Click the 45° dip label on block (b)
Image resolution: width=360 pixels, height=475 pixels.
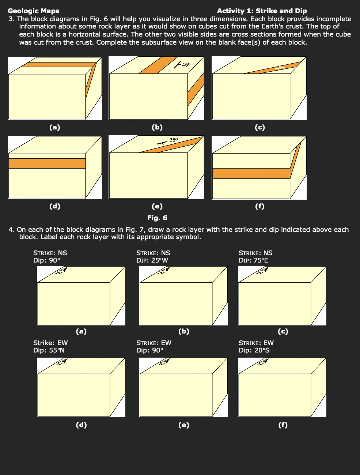pyautogui.click(x=186, y=65)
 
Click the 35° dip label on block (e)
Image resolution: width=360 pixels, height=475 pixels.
pyautogui.click(x=173, y=140)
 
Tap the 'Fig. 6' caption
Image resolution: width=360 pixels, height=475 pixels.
pyautogui.click(x=157, y=218)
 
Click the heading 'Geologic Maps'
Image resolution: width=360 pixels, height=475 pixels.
pyautogui.click(x=33, y=11)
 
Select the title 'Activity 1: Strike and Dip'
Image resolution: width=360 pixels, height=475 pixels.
pyautogui.click(x=262, y=11)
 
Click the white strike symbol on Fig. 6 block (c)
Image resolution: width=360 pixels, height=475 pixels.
pyautogui.click(x=280, y=68)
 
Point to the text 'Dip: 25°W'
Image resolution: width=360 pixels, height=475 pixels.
pyautogui.click(x=152, y=260)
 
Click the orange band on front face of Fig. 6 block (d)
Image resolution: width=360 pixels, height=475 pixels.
pyautogui.click(x=47, y=163)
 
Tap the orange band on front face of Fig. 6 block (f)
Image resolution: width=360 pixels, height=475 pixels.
pyautogui.click(x=251, y=173)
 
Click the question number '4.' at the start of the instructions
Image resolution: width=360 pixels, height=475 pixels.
pyautogui.click(x=12, y=230)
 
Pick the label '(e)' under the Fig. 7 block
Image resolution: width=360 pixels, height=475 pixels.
pyautogui.click(x=183, y=425)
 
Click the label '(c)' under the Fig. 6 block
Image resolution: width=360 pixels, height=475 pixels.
pyautogui.click(x=259, y=127)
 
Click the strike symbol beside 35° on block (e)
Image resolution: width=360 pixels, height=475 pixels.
pyautogui.click(x=161, y=143)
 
